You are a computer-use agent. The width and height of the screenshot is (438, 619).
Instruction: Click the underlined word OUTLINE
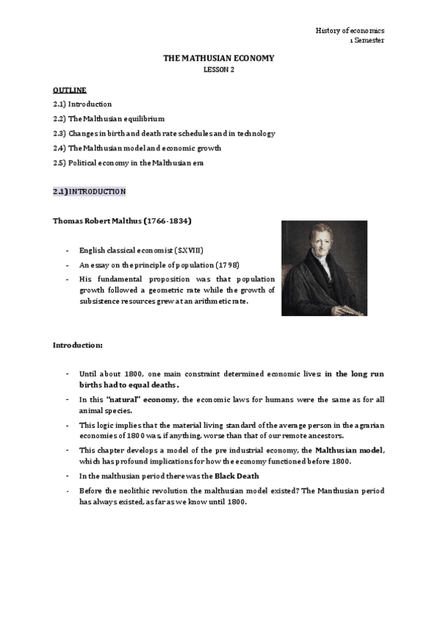tap(70, 90)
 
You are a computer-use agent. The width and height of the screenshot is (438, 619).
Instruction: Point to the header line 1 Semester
tap(367, 41)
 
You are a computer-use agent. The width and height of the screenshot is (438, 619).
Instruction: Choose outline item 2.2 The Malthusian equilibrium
tap(109, 118)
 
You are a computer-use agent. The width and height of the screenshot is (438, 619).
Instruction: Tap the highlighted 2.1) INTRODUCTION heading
tap(90, 191)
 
